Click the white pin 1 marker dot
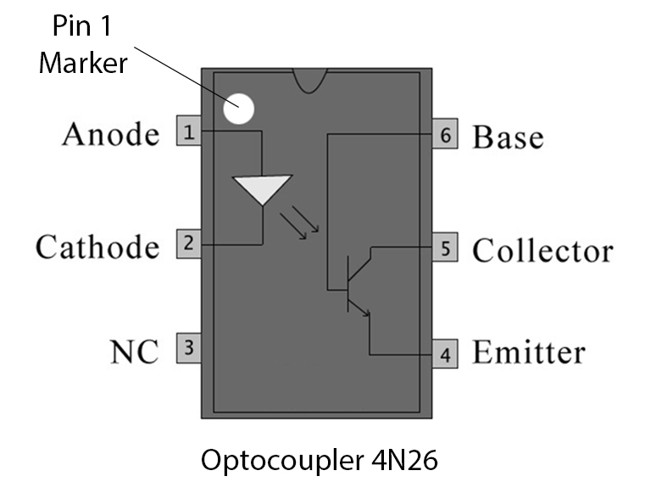tap(238, 109)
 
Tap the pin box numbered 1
tap(188, 132)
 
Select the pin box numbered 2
tap(188, 244)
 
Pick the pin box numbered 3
tap(188, 347)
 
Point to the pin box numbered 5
tap(445, 249)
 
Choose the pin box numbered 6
tap(445, 136)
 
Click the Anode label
tap(110, 134)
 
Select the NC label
tap(134, 351)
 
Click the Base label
tap(508, 137)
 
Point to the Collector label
tap(542, 251)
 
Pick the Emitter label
tap(528, 352)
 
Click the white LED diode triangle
tap(262, 188)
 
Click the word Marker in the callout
tap(81, 62)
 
